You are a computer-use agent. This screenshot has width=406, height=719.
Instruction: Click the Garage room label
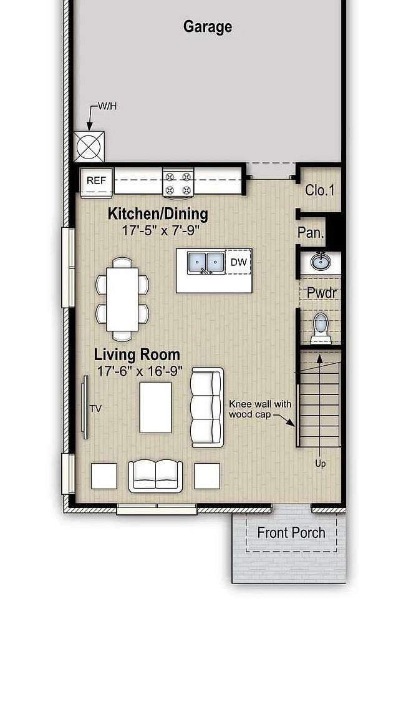coord(208,27)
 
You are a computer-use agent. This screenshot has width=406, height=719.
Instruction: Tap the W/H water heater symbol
coord(89,148)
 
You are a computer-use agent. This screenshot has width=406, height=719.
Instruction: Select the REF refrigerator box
coord(97,180)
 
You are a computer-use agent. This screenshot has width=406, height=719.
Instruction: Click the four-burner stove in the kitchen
coord(179,182)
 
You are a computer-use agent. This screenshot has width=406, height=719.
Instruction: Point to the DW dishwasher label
coord(238,263)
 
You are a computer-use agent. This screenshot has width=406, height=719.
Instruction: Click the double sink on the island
coord(206,263)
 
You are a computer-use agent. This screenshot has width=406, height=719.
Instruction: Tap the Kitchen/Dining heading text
coord(158,214)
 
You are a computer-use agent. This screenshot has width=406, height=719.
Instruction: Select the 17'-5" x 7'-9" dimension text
coord(160,230)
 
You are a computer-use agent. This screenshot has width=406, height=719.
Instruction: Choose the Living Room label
coord(137,355)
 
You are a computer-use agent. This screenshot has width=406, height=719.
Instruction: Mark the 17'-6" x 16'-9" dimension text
coord(140,371)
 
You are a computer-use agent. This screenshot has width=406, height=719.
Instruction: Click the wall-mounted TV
coord(85,407)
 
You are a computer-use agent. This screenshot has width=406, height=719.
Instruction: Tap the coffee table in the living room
coord(155,408)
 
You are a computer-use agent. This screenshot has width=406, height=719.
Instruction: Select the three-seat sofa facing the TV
coord(207,407)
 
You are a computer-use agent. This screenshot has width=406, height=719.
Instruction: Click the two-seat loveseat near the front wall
coord(155,476)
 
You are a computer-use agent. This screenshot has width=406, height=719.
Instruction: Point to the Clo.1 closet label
coord(319,190)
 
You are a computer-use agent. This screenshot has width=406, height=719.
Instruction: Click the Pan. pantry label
coord(310,233)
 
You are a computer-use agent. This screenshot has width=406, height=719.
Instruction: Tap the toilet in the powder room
coord(321,326)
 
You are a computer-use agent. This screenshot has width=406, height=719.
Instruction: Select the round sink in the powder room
coord(321,260)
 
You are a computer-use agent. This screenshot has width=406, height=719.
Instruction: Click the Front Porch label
coord(291,532)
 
